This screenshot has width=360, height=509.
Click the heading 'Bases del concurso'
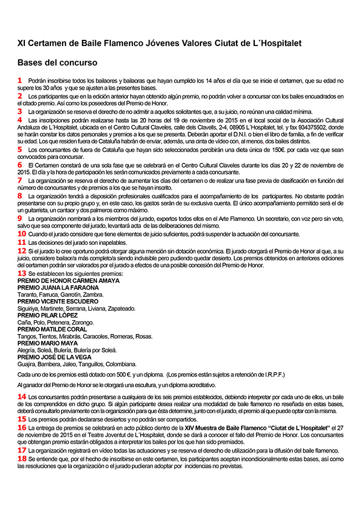pyautogui.click(x=58, y=63)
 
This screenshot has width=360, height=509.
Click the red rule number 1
pyautogui.click(x=20, y=80)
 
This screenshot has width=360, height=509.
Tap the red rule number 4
pyautogui.click(x=20, y=119)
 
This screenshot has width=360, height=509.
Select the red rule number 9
pyautogui.click(x=20, y=218)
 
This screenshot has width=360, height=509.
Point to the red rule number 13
pyautogui.click(x=22, y=273)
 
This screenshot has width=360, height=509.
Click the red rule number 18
pyautogui.click(x=22, y=459)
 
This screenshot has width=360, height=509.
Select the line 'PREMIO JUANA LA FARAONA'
pyautogui.click(x=53, y=288)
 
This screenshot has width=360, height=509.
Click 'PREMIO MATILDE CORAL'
pyautogui.click(x=52, y=329)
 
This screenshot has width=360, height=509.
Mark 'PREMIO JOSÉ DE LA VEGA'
pyautogui.click(x=54, y=357)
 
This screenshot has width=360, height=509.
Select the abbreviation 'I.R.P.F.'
pyautogui.click(x=271, y=374)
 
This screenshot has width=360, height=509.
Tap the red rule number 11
pyautogui.click(x=22, y=242)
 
